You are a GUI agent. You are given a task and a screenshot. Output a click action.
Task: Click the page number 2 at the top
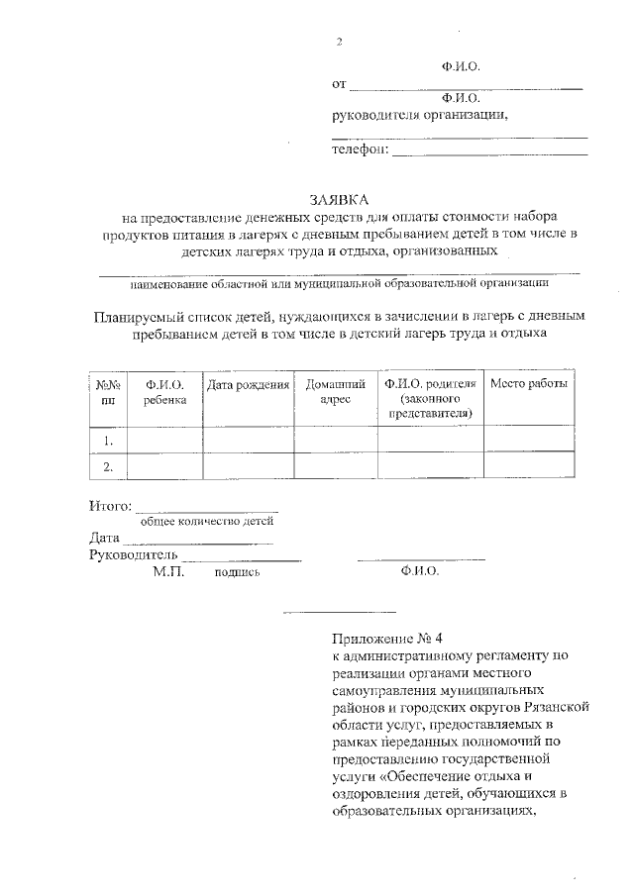pos(339,42)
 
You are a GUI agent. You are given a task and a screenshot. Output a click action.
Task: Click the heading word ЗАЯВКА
pos(338,200)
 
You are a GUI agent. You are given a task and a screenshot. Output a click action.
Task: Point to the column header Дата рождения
pos(248,385)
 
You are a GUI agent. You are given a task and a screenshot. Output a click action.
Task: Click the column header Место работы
pos(529,385)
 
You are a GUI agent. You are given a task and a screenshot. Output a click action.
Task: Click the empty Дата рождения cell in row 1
pos(248,440)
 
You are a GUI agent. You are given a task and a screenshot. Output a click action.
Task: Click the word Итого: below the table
pos(110,507)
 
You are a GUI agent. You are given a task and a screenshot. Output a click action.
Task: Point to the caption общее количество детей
pos(206,521)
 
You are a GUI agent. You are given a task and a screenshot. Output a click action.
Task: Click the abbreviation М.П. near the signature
pos(168,572)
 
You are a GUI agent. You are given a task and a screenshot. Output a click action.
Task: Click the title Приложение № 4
pos(380,638)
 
